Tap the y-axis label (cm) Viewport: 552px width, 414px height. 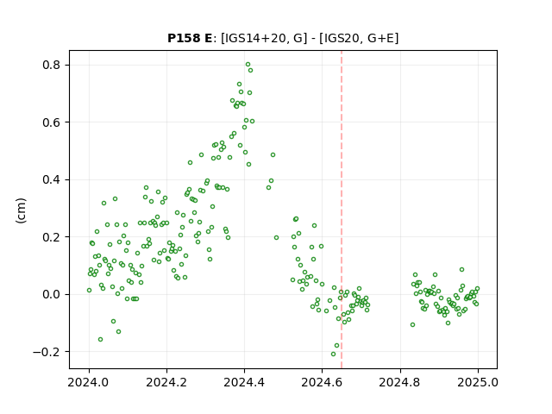tap(21, 210)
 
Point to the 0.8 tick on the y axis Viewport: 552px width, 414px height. tap(52, 66)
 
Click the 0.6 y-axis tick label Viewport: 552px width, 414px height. tap(52, 122)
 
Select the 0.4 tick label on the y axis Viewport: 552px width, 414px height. tap(52, 179)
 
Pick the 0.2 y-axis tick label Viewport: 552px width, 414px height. tap(52, 237)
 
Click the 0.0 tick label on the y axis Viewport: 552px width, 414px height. tap(52, 294)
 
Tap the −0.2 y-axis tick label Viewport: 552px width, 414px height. tap(47, 352)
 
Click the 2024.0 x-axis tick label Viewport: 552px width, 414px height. tap(89, 382)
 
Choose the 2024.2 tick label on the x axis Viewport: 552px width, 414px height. tap(166, 382)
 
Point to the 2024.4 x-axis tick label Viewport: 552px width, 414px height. tap(244, 382)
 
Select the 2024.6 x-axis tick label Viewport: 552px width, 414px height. tap(322, 382)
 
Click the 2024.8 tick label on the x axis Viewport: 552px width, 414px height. tap(400, 382)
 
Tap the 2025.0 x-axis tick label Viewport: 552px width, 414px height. tap(478, 382)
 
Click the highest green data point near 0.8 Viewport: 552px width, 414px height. tap(248, 65)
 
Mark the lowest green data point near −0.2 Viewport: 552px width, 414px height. tap(334, 354)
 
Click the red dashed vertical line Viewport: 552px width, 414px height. tap(342, 210)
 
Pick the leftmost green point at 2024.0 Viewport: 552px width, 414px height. tap(89, 291)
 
